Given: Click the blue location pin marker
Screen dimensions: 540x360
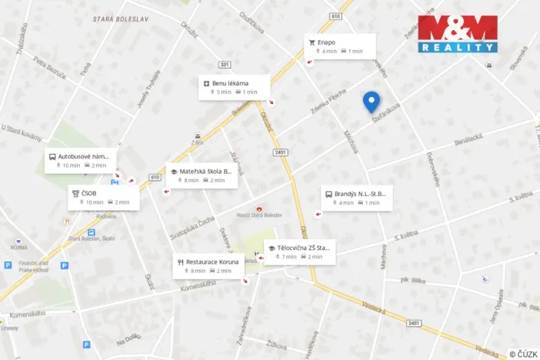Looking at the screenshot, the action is pyautogui.click(x=372, y=101).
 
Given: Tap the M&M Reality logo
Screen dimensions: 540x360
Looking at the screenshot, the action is pyautogui.click(x=458, y=34).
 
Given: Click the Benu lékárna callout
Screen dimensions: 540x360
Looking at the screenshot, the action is pyautogui.click(x=235, y=87).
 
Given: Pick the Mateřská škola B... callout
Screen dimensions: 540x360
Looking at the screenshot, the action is pyautogui.click(x=202, y=175).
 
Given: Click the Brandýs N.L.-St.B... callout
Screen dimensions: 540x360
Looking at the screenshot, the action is pyautogui.click(x=357, y=198).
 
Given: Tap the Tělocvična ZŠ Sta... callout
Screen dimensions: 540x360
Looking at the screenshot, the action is pyautogui.click(x=300, y=252).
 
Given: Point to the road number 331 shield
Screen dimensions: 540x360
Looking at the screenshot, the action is pyautogui.click(x=225, y=65).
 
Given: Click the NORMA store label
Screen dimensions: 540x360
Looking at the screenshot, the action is pyautogui.click(x=18, y=247).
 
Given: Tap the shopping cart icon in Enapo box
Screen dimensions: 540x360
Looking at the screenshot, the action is pyautogui.click(x=312, y=42).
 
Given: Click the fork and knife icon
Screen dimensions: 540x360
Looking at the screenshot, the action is pyautogui.click(x=180, y=262).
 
